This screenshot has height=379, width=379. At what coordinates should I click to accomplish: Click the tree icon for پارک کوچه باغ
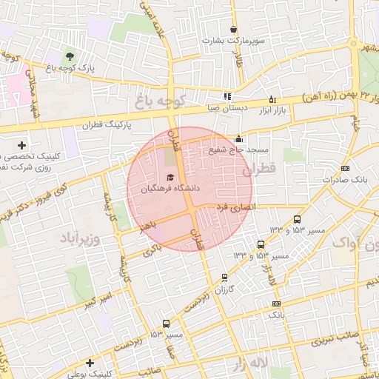(x=70, y=56)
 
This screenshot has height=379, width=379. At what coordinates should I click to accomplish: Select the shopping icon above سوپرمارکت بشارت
(x=233, y=30)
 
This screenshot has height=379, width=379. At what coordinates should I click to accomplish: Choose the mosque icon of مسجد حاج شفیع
(x=238, y=138)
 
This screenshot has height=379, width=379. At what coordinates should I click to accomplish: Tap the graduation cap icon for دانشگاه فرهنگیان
(x=171, y=178)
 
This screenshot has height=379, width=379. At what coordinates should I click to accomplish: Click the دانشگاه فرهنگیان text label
(x=171, y=189)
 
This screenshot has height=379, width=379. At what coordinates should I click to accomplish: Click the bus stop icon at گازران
(x=225, y=278)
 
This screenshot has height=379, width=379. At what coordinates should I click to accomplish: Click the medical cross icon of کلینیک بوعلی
(x=89, y=363)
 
